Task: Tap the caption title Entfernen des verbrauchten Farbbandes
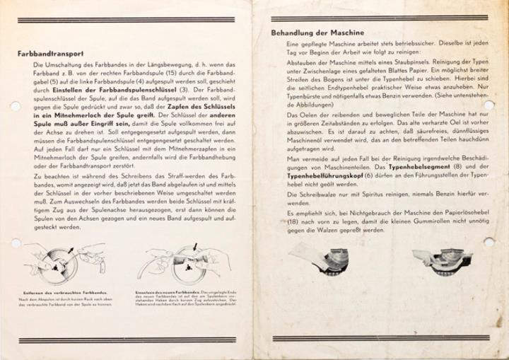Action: [x=57, y=292]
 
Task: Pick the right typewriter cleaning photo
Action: [x=445, y=260]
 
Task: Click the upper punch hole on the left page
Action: [x=13, y=106]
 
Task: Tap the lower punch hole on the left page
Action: [x=13, y=243]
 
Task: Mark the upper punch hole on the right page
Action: [x=489, y=105]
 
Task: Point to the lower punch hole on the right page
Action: [x=489, y=242]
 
